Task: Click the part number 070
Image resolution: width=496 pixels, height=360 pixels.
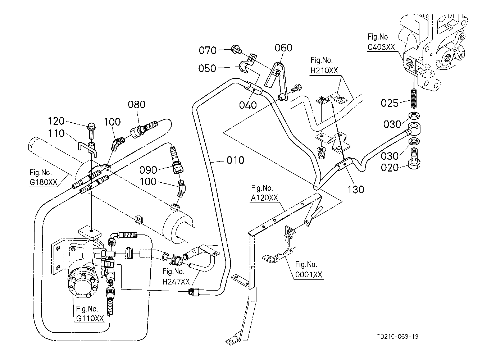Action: point(208,50)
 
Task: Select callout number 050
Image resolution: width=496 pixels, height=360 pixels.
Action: point(207,68)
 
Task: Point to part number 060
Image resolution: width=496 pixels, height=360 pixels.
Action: point(283,48)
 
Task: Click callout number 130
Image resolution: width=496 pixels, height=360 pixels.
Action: point(356,190)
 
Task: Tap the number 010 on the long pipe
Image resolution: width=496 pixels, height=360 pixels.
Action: point(235,160)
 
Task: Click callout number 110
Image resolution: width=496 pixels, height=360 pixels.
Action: point(56,133)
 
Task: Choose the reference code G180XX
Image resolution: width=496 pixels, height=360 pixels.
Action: point(44,182)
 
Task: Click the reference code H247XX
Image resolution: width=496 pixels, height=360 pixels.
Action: point(176,282)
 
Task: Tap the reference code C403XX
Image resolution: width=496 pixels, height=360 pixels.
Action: point(381,47)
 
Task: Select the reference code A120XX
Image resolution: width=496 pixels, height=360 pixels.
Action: point(264,197)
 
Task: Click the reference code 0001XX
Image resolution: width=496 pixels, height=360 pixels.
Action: point(309,275)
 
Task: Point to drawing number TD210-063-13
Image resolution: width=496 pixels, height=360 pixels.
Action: point(398,337)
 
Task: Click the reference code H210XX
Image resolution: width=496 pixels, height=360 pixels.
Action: point(324,70)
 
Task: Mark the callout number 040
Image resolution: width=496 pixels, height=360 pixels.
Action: point(248,105)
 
